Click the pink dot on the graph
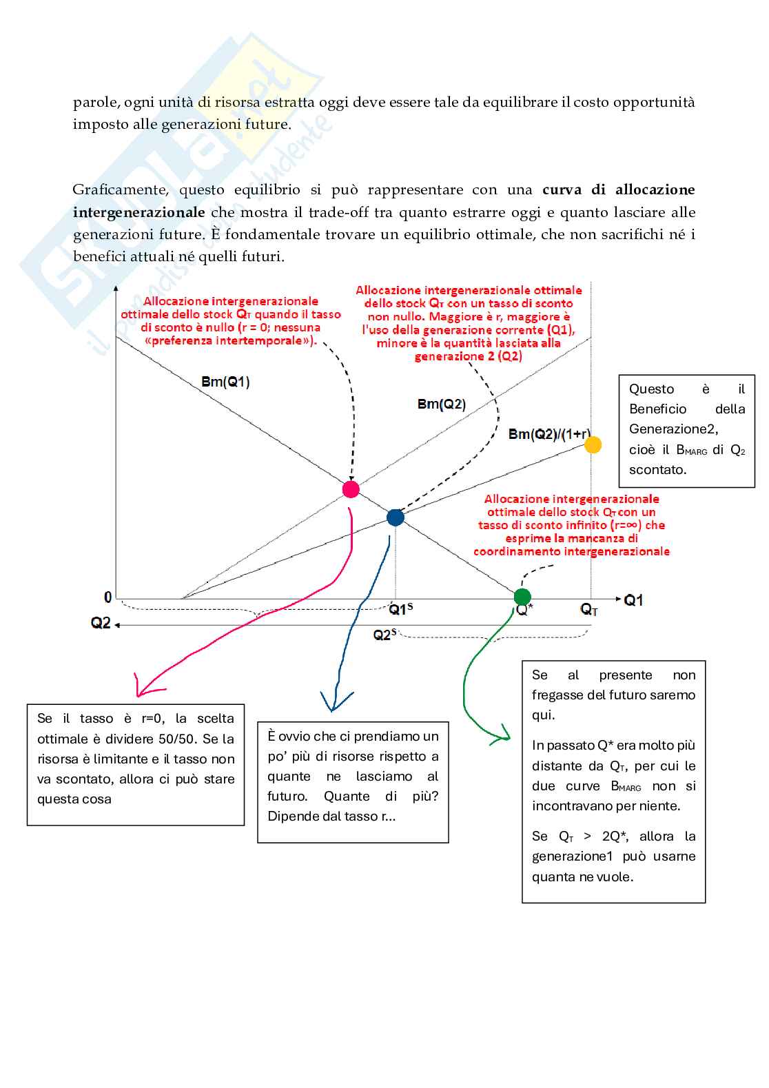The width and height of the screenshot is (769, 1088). pos(351,489)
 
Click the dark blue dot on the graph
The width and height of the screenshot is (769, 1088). pos(395,517)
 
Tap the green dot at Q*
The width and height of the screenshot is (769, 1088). pos(522,597)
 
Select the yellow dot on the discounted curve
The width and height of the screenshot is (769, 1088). pos(593,444)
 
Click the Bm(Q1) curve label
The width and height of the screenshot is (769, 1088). pos(225,382)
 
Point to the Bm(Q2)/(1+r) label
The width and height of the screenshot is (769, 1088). pos(549,434)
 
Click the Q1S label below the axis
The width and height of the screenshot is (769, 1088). pos(401,609)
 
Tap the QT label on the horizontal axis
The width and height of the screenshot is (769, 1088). pos(589,609)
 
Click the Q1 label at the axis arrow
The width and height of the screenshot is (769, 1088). pos(633,600)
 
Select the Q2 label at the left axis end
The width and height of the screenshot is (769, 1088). pos(101,623)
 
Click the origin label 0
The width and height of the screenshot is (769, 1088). pos(107,597)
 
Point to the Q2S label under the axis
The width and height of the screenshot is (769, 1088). pos(384,635)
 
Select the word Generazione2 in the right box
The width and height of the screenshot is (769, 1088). pos(673,429)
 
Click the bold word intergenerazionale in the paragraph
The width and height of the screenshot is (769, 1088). pos(139,212)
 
